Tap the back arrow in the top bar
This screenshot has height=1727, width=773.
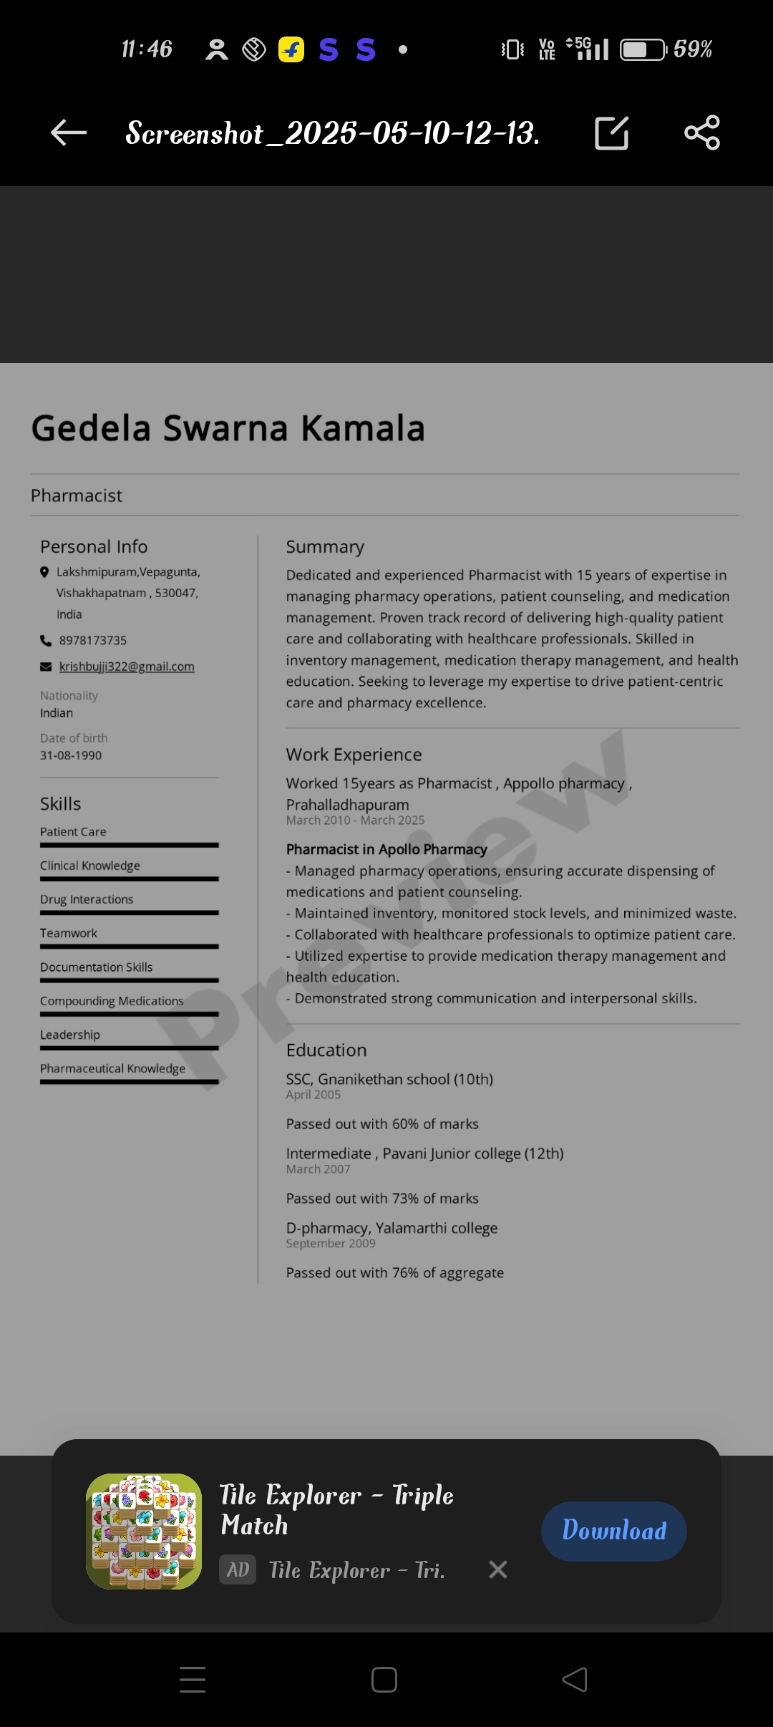[x=69, y=132]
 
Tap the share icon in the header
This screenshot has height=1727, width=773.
[x=702, y=132]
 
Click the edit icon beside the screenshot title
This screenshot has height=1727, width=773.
[x=612, y=133]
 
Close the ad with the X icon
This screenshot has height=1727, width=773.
[x=498, y=1569]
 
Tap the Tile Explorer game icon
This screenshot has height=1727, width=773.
[x=144, y=1531]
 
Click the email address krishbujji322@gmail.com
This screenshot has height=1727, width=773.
[x=127, y=667]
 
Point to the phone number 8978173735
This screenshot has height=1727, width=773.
[x=93, y=640]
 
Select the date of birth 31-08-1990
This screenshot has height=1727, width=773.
[x=71, y=755]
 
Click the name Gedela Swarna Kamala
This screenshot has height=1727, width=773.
[x=228, y=428]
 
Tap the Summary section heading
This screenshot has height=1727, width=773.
[x=325, y=547]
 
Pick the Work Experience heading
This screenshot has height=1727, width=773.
[x=354, y=755]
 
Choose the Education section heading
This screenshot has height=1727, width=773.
[x=326, y=1050]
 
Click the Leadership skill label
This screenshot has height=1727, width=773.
[x=70, y=1035]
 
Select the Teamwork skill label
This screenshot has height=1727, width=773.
[x=69, y=933]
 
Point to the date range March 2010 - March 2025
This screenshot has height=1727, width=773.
[x=355, y=821]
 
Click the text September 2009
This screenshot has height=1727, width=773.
[x=331, y=1244]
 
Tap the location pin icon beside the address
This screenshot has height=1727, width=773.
[x=44, y=572]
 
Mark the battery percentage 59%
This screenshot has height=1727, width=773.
[x=692, y=49]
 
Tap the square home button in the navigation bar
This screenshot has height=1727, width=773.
[x=384, y=1680]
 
